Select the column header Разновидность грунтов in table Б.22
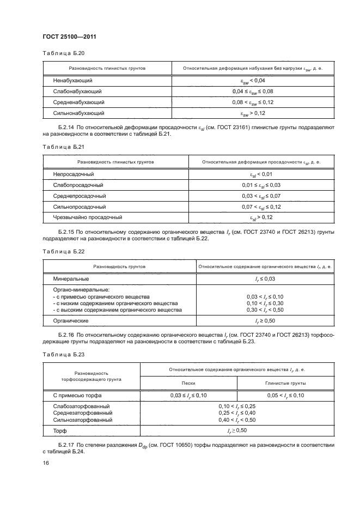click(119, 267)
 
